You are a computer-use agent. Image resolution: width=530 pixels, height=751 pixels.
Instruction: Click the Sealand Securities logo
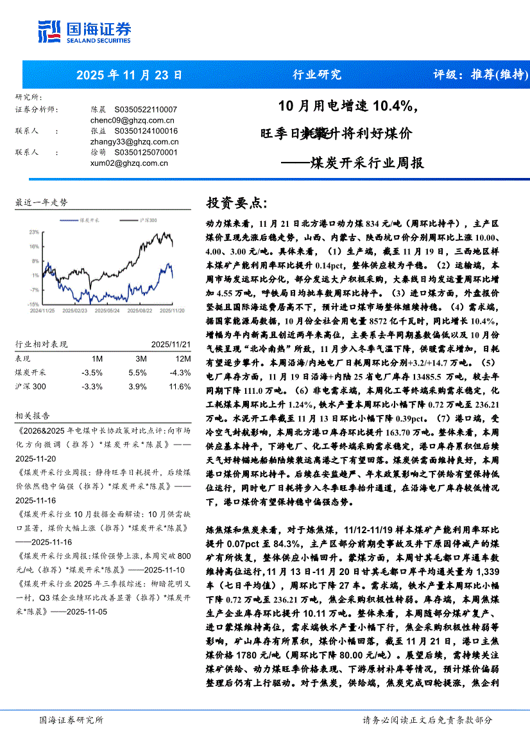point(85,30)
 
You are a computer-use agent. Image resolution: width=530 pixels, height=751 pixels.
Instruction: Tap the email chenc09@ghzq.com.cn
point(133,120)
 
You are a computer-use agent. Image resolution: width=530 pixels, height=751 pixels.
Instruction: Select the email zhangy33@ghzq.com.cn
point(135,141)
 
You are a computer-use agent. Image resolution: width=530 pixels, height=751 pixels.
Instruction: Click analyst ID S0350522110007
point(146,110)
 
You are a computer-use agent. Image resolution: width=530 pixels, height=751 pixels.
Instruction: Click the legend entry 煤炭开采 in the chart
point(89,220)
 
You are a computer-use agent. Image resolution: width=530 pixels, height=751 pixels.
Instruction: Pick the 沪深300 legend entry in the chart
point(148,220)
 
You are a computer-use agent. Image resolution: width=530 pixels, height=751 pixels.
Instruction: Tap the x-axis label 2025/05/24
point(106,309)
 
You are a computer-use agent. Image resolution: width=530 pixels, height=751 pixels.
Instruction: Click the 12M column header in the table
point(182,358)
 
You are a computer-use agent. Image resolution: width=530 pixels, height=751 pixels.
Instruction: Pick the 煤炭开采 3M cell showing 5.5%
point(137,372)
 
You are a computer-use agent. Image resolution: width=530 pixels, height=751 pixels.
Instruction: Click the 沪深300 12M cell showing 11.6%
point(181,386)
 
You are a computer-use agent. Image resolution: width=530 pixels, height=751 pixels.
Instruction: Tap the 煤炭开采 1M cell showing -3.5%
point(92,372)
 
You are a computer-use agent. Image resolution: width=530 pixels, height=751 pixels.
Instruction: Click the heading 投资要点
point(236,203)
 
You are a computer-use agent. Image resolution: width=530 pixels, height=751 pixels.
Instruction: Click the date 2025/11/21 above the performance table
point(171,344)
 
